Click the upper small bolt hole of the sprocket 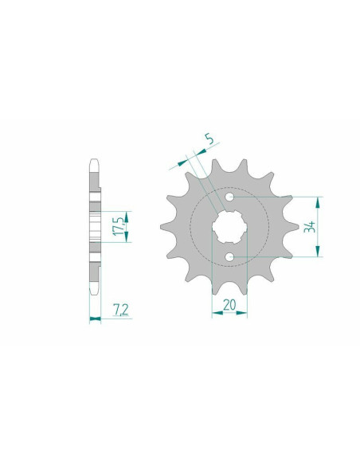pyautogui.click(x=231, y=197)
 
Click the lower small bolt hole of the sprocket pyautogui.click(x=231, y=256)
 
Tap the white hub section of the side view pyautogui.click(x=95, y=227)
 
